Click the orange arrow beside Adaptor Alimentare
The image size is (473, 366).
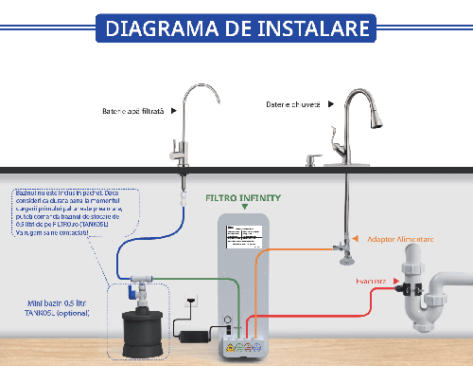(355, 240)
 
